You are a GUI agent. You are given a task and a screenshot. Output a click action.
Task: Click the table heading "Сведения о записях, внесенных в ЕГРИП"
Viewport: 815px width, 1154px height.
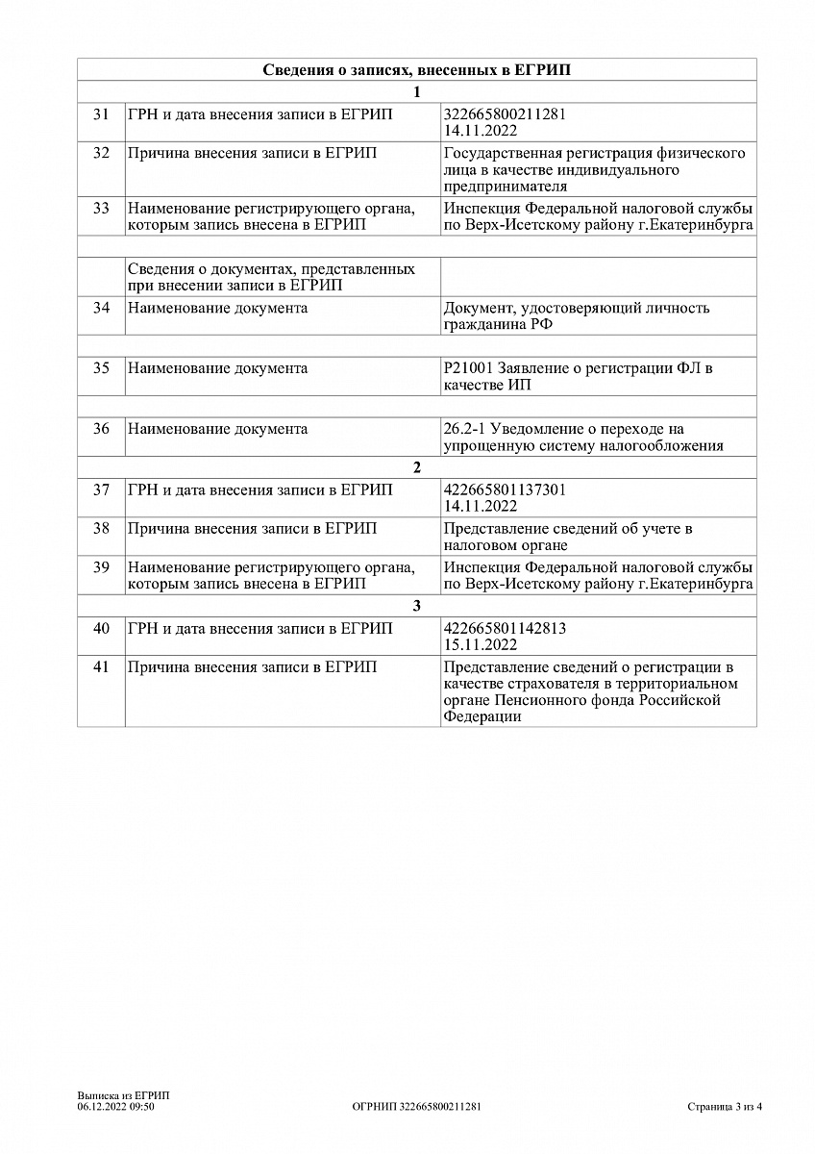(416, 70)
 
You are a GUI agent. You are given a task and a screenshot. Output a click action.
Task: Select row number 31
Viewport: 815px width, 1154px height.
(101, 114)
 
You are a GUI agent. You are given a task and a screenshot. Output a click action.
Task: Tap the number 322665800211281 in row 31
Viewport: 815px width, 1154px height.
(505, 113)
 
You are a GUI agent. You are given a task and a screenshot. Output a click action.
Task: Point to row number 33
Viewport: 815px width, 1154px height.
(101, 209)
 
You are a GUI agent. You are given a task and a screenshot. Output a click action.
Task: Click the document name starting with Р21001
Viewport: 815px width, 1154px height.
(579, 377)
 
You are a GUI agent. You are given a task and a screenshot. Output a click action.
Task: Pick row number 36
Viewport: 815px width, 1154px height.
(101, 429)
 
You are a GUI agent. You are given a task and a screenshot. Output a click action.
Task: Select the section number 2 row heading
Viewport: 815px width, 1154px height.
(416, 468)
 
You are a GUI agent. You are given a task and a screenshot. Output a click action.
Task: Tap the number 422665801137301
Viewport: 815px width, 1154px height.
(505, 489)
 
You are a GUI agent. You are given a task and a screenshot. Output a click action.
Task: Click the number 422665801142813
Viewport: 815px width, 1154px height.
(505, 628)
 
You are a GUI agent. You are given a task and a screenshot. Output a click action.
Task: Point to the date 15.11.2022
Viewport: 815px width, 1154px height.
(481, 645)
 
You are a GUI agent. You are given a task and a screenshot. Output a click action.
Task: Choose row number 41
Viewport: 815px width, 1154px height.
(101, 666)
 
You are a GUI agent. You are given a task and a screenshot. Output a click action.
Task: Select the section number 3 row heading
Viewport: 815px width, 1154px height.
(416, 607)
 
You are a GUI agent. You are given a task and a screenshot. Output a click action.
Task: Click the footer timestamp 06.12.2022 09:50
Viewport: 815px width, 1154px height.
(116, 1107)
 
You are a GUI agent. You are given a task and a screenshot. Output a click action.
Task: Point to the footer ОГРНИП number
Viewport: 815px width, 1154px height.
(417, 1107)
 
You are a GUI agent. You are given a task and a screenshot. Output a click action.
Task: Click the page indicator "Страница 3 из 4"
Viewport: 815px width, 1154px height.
(725, 1107)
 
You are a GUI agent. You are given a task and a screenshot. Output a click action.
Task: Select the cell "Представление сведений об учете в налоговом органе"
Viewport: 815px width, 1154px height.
(568, 538)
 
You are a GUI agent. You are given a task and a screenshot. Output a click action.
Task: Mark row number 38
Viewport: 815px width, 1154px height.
(101, 529)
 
